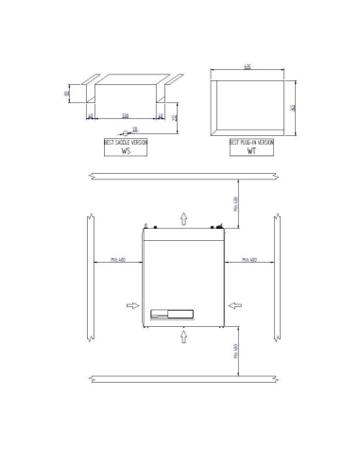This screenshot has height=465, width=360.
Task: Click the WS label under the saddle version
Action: [x=126, y=150]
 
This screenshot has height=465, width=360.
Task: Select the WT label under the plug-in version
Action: [x=251, y=150]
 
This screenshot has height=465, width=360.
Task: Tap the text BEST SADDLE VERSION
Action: [x=126, y=142]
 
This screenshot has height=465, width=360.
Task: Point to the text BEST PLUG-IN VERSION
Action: [x=251, y=142]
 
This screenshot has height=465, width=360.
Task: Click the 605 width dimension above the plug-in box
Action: [x=247, y=68]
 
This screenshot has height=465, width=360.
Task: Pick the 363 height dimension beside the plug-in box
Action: [x=294, y=108]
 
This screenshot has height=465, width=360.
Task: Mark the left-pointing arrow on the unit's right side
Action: [x=233, y=306]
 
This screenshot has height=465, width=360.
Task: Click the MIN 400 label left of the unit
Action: [x=118, y=257]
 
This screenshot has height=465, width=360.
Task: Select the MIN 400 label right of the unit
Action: [x=250, y=257]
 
